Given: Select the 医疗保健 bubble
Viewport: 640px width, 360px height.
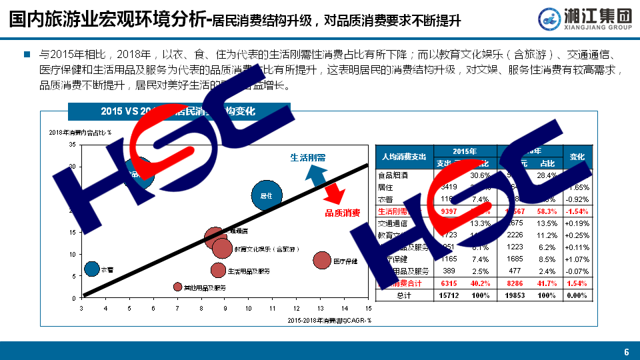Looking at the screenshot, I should (x=322, y=260).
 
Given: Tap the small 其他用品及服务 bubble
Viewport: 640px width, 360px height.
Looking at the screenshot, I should (x=177, y=287).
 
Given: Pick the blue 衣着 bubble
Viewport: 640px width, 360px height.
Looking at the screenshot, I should (x=92, y=269).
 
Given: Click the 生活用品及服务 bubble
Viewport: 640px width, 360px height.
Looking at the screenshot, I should (x=218, y=270).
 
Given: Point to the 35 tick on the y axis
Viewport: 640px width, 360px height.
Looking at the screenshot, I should (x=72, y=145).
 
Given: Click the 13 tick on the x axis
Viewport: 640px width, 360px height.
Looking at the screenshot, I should (x=321, y=308).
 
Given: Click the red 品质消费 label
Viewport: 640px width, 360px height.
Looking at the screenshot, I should (x=342, y=213).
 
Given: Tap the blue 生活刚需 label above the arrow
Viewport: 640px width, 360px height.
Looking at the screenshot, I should (x=307, y=158).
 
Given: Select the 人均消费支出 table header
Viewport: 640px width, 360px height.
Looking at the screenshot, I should (x=404, y=157).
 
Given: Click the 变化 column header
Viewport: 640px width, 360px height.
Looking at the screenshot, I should (x=577, y=157).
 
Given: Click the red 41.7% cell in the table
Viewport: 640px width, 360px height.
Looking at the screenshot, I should (x=547, y=283).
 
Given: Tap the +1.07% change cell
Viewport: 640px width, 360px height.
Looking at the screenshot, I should (x=577, y=259).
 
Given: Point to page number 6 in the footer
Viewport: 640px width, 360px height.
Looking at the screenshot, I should (x=626, y=352).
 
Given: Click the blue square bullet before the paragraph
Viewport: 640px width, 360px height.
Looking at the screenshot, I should (x=27, y=54).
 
